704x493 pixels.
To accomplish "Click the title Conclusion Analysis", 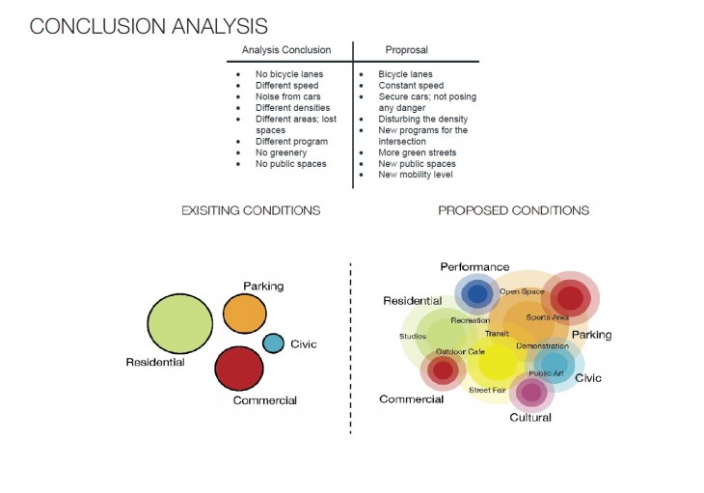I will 149,26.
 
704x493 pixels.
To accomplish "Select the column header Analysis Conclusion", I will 285,50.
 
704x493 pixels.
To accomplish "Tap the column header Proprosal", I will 406,50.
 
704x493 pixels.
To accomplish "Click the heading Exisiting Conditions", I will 251,210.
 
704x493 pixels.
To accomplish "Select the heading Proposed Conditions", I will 513,210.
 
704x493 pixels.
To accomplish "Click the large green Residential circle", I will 179,322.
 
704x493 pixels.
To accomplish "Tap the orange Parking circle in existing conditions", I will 244,314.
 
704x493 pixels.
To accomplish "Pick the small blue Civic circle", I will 274,342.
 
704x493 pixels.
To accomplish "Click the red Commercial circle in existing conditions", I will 239,368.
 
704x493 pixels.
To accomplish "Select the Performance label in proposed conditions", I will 474,266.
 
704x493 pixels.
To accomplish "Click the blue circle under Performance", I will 476,294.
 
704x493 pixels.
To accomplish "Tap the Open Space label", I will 522,291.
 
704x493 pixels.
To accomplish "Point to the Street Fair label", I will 487,390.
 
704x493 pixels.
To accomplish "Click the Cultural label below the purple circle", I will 530,418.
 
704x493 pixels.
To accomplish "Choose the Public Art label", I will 546,372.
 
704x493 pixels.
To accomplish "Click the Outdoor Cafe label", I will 460,351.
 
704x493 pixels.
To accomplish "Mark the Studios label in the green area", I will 413,337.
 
